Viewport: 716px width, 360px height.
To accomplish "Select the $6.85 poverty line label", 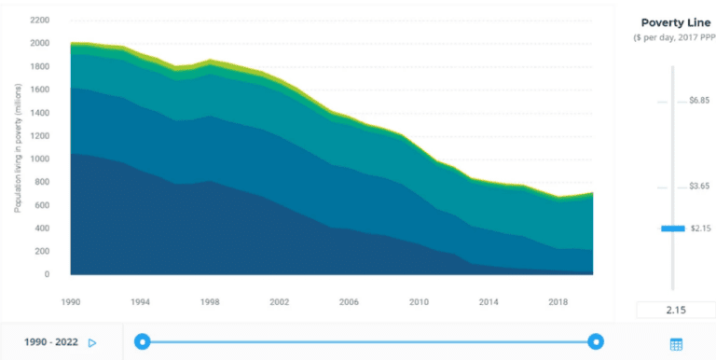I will (x=699, y=101).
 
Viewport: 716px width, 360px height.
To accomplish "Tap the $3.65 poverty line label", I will (x=699, y=187).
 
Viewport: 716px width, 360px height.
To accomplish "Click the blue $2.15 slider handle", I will (x=672, y=228).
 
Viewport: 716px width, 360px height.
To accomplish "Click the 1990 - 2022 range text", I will (x=50, y=342).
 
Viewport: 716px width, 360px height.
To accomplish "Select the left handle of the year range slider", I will (x=142, y=342).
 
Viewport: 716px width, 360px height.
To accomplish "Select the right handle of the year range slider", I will (x=596, y=342).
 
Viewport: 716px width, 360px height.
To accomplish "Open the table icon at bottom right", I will (x=676, y=344).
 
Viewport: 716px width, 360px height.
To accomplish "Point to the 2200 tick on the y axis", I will (x=40, y=20).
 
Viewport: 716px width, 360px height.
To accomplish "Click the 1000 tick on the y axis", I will (x=40, y=159).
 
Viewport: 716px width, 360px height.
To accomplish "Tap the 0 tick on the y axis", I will (x=47, y=275).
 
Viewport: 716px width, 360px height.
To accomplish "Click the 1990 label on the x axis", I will (x=71, y=302).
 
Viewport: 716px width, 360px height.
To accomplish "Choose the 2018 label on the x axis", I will (x=558, y=302).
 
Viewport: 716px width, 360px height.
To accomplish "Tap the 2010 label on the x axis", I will (x=419, y=302).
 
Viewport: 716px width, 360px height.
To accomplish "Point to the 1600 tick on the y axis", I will (x=40, y=90).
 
